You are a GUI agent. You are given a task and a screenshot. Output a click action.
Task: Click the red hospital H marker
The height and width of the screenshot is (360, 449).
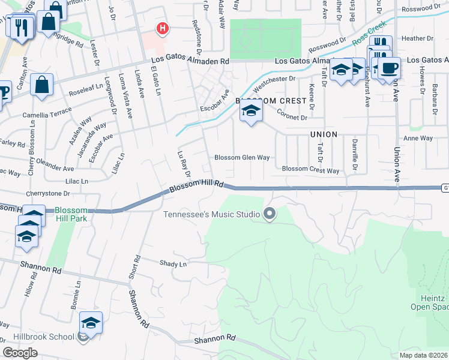tap(161, 28)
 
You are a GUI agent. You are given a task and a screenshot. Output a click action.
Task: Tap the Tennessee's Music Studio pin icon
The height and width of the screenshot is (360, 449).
tap(270, 214)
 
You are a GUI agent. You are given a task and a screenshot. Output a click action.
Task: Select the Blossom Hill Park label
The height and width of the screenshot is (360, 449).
tap(71, 214)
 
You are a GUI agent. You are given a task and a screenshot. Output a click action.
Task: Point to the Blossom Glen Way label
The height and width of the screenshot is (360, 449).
tap(243, 158)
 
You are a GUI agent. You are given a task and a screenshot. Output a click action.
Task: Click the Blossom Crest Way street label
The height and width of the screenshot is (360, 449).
tap(310, 170)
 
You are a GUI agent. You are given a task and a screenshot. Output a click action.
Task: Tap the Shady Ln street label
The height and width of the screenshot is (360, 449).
tap(173, 263)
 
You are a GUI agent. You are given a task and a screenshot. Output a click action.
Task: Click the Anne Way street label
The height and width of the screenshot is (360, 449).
tap(418, 138)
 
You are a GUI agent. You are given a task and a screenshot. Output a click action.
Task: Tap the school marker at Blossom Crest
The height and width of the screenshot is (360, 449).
tap(252, 112)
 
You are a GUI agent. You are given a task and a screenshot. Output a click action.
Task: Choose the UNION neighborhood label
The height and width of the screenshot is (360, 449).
tap(324, 134)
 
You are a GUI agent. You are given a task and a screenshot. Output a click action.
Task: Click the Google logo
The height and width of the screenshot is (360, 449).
tap(20, 353)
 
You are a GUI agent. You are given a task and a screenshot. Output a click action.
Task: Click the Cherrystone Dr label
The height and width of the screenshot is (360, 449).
tap(48, 194)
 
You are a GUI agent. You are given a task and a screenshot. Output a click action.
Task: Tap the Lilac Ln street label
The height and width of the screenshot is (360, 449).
tap(77, 181)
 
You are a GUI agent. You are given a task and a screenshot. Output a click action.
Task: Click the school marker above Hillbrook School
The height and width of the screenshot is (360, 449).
tap(91, 323)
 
